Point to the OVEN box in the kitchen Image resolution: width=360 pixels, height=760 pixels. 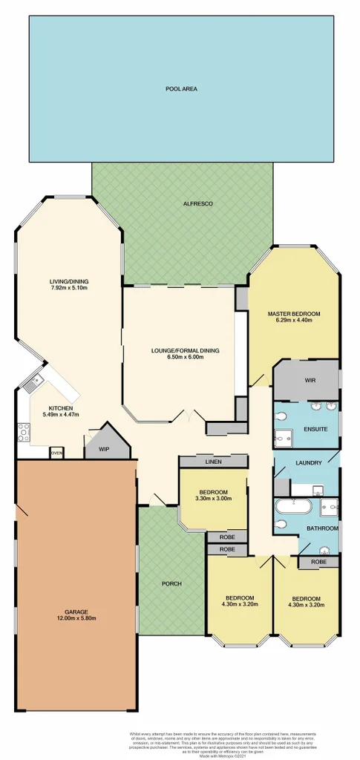56,452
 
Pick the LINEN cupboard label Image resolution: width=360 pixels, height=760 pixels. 212,462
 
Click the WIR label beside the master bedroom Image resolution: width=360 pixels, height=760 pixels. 310,380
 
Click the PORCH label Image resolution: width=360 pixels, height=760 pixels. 171,583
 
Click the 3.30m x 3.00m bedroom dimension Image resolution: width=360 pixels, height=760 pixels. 212,499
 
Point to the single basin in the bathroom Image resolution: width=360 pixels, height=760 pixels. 325,551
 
